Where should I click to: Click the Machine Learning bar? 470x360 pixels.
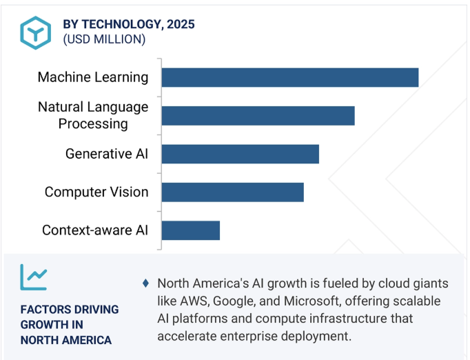click(x=290, y=77)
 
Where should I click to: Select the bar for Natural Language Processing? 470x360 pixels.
click(x=258, y=115)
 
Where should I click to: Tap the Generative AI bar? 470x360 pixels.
click(x=241, y=154)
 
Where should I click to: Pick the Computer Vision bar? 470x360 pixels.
click(x=233, y=192)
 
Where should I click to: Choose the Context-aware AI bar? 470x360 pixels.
click(x=191, y=230)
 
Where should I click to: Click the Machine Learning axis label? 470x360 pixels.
click(x=93, y=77)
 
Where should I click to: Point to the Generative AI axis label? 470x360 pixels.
click(x=107, y=154)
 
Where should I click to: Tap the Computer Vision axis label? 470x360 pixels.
click(x=96, y=192)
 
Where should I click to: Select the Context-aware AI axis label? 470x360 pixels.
click(x=95, y=230)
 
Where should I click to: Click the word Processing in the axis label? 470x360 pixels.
click(x=93, y=124)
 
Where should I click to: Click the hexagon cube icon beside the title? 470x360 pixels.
click(x=36, y=32)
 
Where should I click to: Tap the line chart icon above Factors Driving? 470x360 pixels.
click(x=34, y=277)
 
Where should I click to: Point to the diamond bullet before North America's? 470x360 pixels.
click(x=145, y=283)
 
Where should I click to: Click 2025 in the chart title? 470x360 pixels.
click(x=181, y=24)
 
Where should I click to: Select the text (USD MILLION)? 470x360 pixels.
click(x=104, y=39)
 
